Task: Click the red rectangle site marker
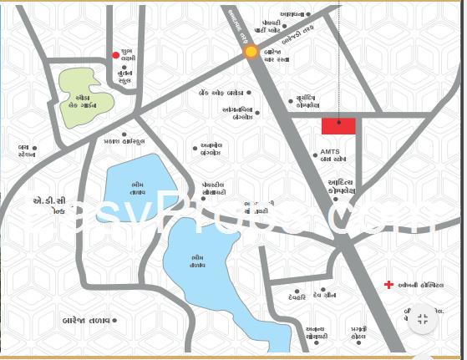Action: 338,126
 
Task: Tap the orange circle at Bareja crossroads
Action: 251,52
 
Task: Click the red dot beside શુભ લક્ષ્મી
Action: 116,55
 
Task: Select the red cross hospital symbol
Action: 388,285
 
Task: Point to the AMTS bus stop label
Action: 332,155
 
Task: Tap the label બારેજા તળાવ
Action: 87,320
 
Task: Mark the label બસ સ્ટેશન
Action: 27,151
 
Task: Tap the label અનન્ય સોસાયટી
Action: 316,332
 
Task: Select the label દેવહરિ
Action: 297,297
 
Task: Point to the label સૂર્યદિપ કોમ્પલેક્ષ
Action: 307,102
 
